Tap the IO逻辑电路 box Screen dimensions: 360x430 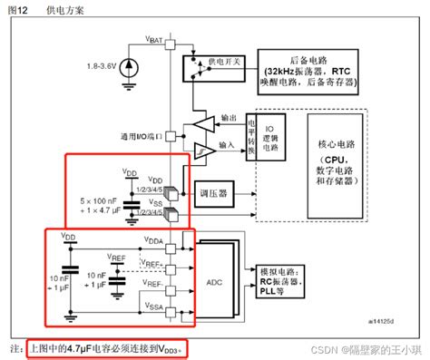pyautogui.click(x=270, y=135)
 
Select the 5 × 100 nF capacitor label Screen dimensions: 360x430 pyautogui.click(x=90, y=199)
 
